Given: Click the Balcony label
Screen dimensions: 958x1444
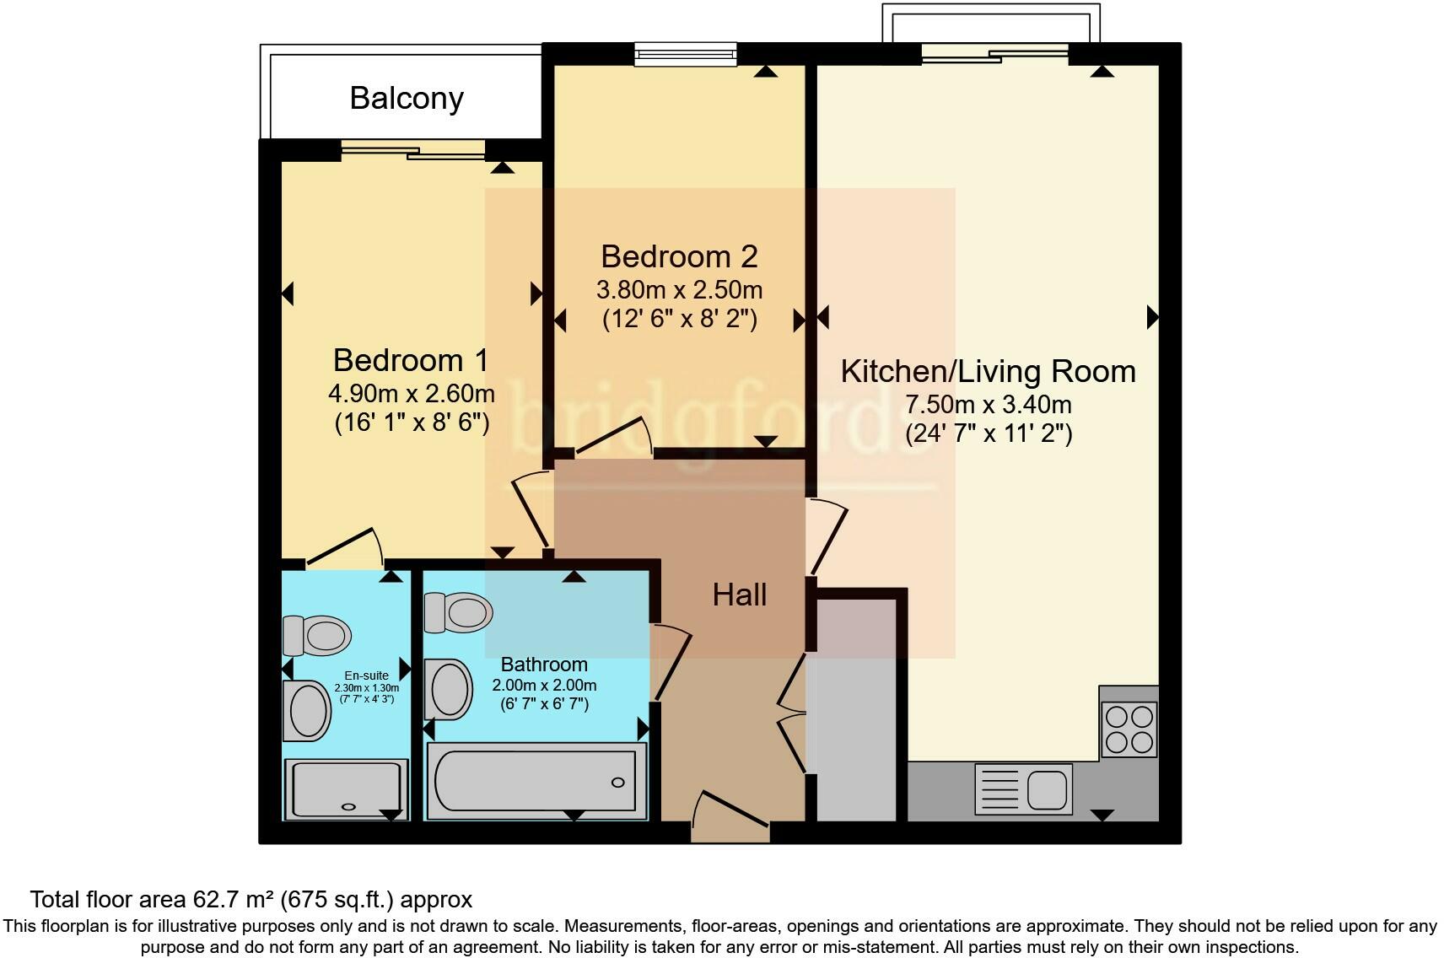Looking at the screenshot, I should (x=407, y=99).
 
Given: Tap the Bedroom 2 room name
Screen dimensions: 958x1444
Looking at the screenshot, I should (x=679, y=256).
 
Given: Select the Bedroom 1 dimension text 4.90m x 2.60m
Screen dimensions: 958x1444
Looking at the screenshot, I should (x=411, y=393).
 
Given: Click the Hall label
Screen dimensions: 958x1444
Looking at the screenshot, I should (x=739, y=595).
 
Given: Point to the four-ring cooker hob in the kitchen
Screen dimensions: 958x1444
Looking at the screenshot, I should (x=1129, y=729).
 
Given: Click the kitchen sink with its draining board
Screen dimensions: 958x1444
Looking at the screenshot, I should (x=1023, y=789).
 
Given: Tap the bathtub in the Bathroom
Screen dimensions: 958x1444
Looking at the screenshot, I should (x=536, y=781).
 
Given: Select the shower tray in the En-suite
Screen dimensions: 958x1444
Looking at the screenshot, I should (x=347, y=788).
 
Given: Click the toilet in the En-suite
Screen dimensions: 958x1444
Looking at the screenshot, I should (x=317, y=635).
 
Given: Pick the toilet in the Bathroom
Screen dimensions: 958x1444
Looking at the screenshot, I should (x=458, y=612).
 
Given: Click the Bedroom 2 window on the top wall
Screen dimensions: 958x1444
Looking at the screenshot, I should (x=686, y=56).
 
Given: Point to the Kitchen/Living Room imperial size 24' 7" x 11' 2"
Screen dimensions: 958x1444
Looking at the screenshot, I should (x=989, y=434).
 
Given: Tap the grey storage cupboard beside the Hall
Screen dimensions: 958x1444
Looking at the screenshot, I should (x=856, y=708).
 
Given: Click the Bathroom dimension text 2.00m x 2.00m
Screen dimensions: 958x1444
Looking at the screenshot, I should (x=544, y=685).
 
